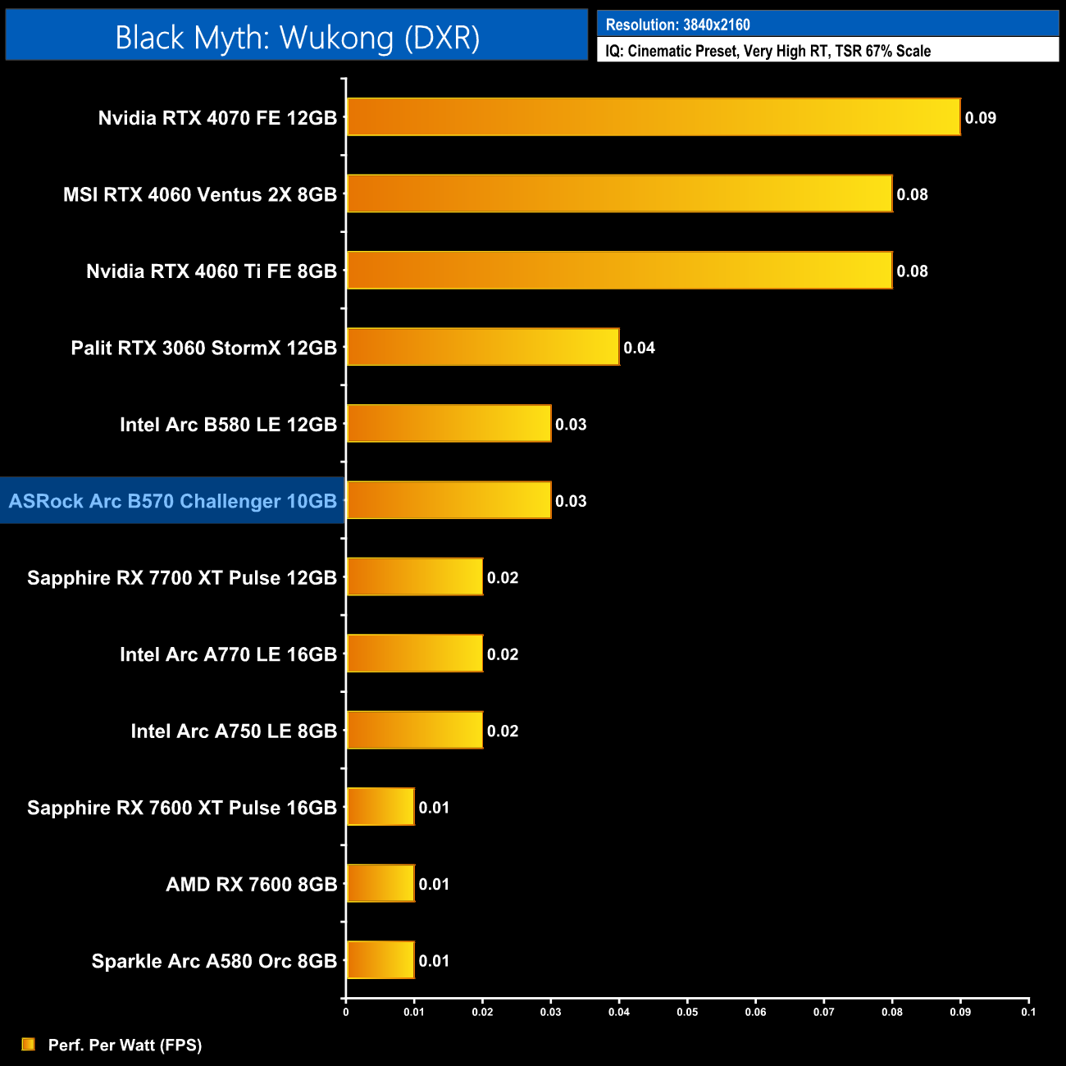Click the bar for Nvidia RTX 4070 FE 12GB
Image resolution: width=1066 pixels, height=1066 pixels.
click(653, 116)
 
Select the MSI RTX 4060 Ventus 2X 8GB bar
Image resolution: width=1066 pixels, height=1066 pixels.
click(619, 194)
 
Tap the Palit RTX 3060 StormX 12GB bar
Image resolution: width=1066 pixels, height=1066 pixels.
click(482, 347)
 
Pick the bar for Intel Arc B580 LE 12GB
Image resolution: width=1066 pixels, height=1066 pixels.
click(449, 423)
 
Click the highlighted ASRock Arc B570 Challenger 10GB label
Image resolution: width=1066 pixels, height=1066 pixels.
click(173, 501)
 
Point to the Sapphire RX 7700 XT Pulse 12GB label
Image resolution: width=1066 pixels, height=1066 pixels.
click(182, 578)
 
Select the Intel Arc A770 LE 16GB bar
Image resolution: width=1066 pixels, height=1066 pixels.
click(414, 654)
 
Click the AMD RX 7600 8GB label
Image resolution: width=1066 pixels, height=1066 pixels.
click(252, 885)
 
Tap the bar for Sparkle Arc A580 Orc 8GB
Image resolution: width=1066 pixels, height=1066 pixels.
click(380, 960)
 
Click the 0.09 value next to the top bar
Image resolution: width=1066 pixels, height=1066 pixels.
click(980, 118)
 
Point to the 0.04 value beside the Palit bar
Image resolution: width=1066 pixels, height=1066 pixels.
click(639, 348)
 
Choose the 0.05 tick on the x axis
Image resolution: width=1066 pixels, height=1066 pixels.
click(687, 1012)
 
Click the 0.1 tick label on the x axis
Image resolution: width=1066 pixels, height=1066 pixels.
click(1028, 1012)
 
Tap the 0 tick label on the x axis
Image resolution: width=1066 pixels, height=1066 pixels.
click(346, 1012)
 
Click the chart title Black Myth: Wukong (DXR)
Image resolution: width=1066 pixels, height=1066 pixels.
click(297, 38)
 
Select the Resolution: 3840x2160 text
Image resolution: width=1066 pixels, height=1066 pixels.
click(678, 25)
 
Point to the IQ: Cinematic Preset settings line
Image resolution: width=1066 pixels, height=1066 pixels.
click(768, 51)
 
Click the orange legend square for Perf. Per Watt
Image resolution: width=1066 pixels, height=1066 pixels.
click(29, 1044)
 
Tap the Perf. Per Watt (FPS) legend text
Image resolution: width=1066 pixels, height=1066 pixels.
click(125, 1045)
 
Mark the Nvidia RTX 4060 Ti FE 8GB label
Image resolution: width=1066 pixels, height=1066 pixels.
click(212, 271)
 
